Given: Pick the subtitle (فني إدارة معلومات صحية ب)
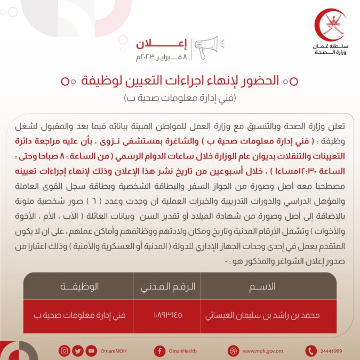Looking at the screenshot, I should [180, 98].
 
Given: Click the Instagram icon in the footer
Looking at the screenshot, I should [65, 350].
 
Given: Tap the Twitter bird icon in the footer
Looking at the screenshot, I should [78, 350].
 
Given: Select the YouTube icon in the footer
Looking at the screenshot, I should [91, 350].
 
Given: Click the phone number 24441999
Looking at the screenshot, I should [332, 351].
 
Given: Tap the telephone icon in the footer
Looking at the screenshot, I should [311, 350].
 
